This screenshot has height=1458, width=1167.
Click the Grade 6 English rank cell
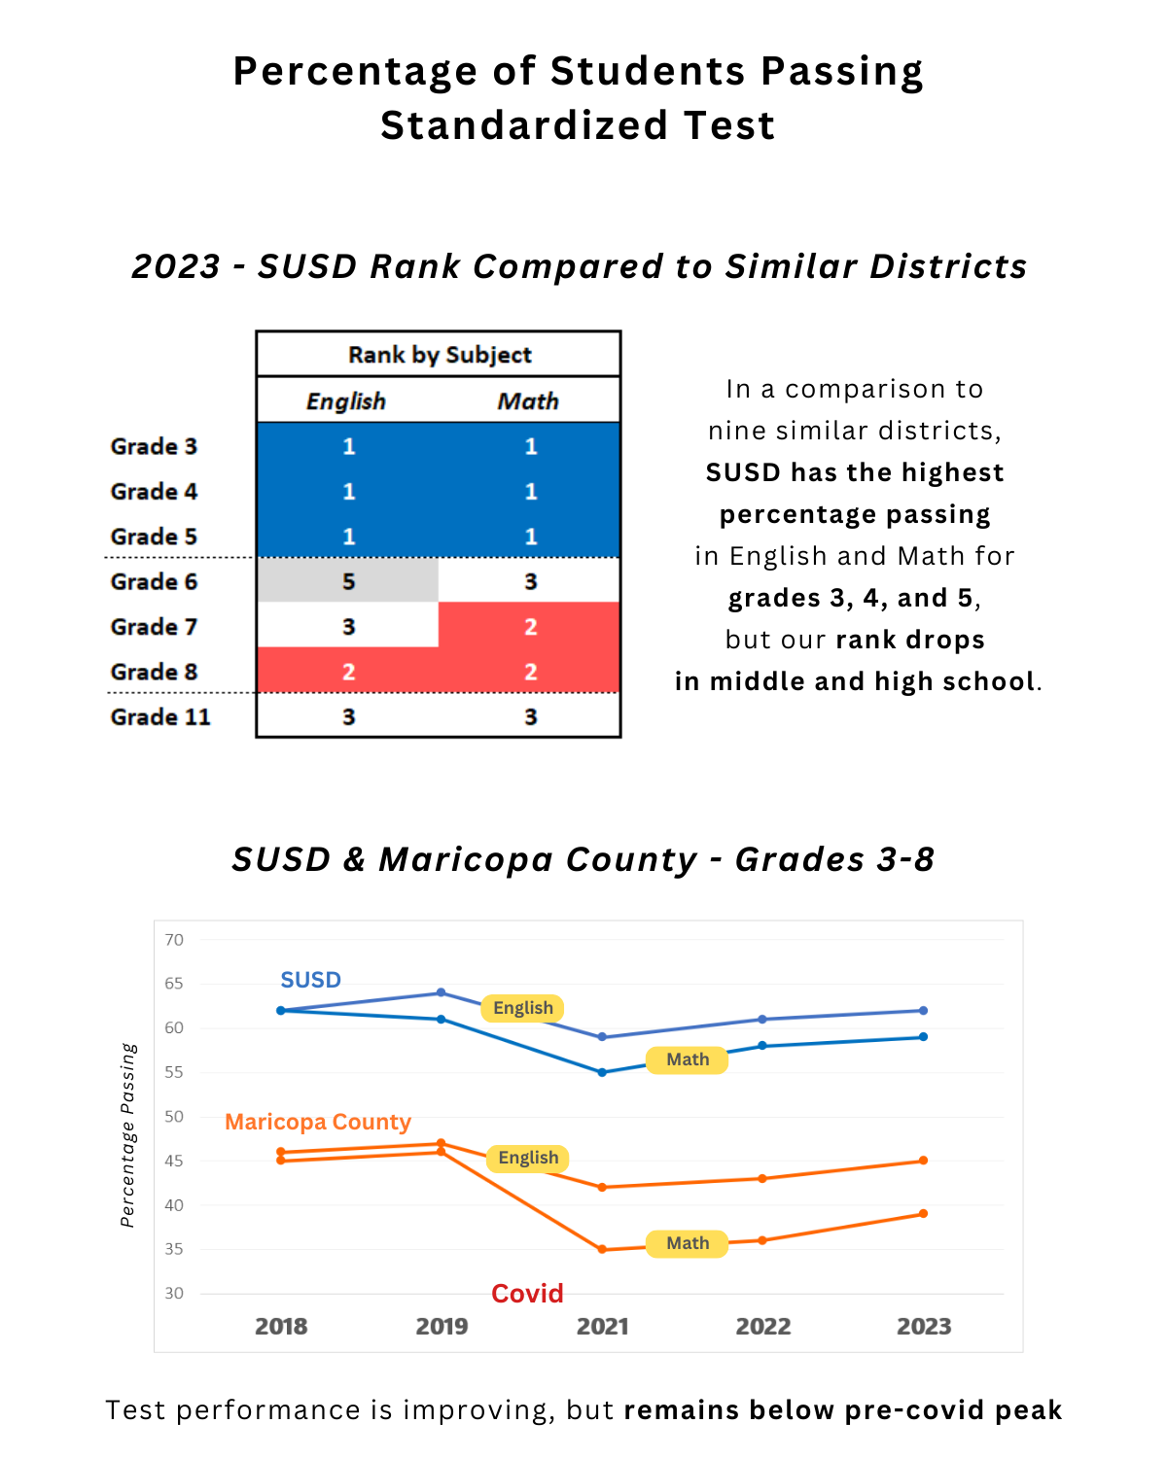348,581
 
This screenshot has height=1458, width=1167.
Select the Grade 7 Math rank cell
530,627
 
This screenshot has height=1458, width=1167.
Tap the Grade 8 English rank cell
348,672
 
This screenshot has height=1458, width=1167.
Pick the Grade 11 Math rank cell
530,717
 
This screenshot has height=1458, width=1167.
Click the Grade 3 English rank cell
348,446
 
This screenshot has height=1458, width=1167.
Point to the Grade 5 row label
154,537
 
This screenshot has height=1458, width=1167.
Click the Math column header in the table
528,400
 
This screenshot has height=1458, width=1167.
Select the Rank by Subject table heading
440,355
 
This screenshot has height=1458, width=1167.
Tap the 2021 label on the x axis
603,1326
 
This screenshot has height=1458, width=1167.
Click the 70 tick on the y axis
174,940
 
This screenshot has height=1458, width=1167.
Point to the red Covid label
527,1294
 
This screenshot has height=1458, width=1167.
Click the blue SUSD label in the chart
310,980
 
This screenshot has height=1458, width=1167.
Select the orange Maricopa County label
318,1122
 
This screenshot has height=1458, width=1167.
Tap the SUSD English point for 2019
442,992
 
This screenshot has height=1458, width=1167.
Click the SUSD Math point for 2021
602,1072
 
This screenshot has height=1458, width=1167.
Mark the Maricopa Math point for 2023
923,1213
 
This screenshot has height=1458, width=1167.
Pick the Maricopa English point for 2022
762,1178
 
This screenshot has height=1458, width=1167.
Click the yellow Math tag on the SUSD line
688,1059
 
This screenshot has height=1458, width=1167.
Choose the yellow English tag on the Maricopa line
528,1158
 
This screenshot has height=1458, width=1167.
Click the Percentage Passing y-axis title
128,1135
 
